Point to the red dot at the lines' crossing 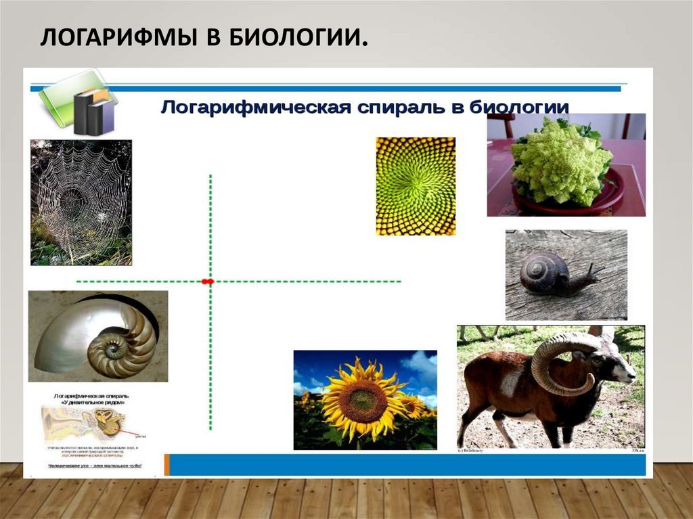[x=208, y=281]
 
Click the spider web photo [x=81, y=202]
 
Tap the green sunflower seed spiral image [x=416, y=186]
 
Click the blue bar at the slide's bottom [x=406, y=465]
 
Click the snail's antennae [x=596, y=271]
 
